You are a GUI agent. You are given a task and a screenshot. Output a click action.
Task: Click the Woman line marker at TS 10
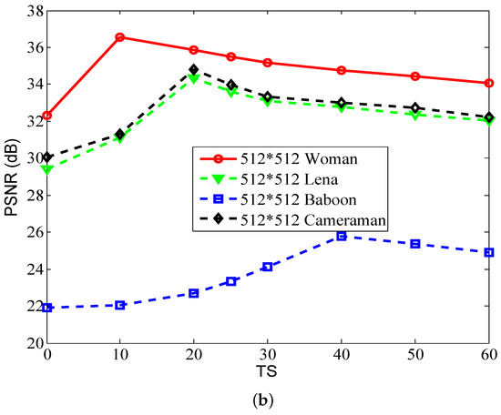(120, 37)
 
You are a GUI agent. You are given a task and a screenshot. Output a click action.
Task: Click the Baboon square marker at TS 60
(489, 252)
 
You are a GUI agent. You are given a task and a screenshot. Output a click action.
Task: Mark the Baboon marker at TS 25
(231, 281)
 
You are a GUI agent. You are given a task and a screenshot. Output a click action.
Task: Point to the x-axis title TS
(268, 375)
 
